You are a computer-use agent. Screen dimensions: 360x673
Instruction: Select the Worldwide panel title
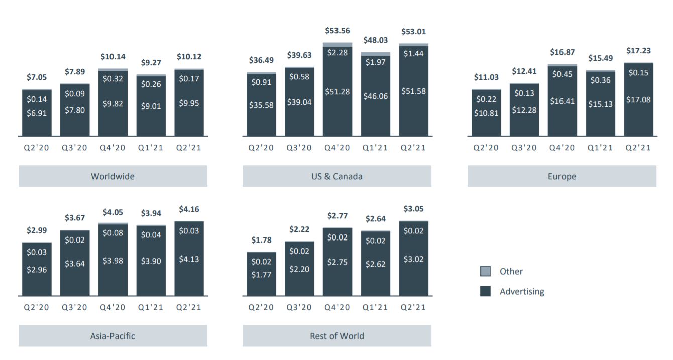coord(113,176)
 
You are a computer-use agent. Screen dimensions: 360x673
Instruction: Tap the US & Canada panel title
coord(336,176)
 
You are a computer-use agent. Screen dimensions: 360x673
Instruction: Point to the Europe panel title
coord(562,176)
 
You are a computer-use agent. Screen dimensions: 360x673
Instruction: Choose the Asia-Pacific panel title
coord(113,336)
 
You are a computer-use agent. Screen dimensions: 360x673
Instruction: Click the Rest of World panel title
coord(336,336)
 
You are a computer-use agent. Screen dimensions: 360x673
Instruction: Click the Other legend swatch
coord(485,272)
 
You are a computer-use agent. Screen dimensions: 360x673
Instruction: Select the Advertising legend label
coord(522,291)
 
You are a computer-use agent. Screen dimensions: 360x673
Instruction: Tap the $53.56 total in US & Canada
coord(338,31)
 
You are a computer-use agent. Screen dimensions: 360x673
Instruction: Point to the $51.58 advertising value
coord(414,91)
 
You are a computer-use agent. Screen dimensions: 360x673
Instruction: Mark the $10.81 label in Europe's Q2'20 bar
coord(486,113)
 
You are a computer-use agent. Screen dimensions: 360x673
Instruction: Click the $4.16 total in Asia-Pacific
coord(189,209)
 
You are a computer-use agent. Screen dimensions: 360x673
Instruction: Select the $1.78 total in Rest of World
coord(261,241)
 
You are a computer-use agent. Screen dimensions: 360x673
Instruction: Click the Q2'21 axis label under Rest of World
coord(414,307)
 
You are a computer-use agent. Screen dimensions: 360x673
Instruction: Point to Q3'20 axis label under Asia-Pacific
coord(74,307)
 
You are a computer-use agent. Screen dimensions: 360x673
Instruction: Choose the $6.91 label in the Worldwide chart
coord(37,113)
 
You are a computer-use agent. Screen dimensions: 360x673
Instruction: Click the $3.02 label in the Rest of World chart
coord(414,259)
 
